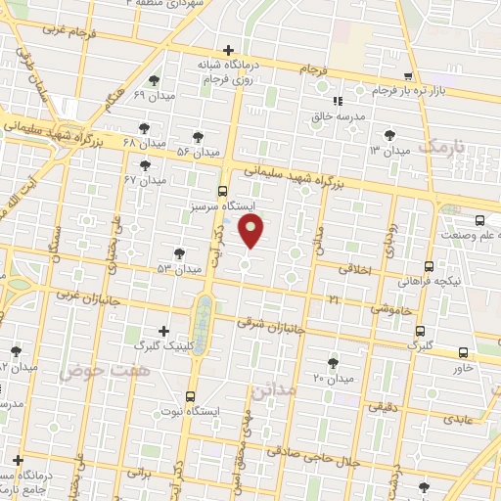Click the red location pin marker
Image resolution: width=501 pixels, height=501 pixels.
pyautogui.click(x=251, y=231)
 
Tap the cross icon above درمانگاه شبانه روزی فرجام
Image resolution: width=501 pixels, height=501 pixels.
pyautogui.click(x=228, y=49)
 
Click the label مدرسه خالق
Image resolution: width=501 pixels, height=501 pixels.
pyautogui.click(x=337, y=115)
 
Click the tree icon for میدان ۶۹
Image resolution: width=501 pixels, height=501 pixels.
pyautogui.click(x=153, y=80)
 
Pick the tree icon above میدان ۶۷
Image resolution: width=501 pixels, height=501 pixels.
pyautogui.click(x=146, y=164)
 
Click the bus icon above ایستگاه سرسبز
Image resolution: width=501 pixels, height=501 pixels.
pyautogui.click(x=223, y=191)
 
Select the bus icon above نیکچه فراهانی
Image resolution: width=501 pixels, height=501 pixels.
pyautogui.click(x=430, y=265)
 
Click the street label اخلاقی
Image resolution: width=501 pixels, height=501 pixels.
pyautogui.click(x=356, y=267)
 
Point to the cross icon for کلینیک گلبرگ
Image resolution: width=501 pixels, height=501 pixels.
pyautogui.click(x=163, y=332)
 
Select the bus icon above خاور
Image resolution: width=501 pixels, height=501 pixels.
pyautogui.click(x=463, y=352)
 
